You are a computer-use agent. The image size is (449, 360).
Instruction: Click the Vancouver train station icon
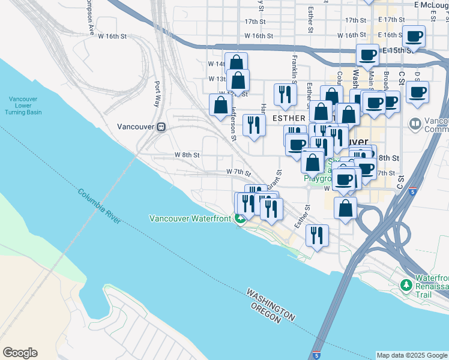(x=161, y=127)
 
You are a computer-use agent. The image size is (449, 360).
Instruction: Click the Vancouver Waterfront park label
(x=190, y=218)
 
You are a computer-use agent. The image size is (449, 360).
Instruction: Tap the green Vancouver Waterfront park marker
(x=240, y=218)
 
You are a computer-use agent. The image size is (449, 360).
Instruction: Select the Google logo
(x=20, y=353)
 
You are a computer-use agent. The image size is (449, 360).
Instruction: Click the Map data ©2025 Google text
(x=412, y=355)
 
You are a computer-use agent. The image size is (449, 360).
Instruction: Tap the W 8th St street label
(x=187, y=155)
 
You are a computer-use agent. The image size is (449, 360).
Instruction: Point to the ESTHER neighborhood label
(x=289, y=118)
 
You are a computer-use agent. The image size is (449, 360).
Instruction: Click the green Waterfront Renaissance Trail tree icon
(x=407, y=283)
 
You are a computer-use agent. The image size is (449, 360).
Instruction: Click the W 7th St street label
(x=238, y=172)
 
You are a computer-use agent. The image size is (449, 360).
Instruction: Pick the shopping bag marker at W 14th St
(x=237, y=62)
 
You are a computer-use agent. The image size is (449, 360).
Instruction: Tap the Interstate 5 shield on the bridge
(x=316, y=355)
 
